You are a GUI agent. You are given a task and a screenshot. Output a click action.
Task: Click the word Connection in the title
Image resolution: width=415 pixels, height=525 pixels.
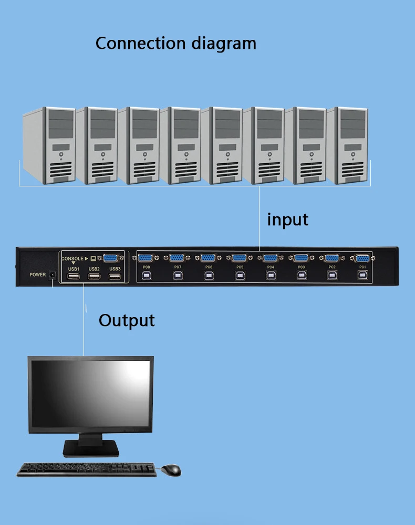pyautogui.click(x=141, y=44)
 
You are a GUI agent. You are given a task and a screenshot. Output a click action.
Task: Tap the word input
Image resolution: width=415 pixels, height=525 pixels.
pyautogui.click(x=287, y=220)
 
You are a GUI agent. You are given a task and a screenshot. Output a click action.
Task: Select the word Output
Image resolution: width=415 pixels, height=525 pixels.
pyautogui.click(x=127, y=321)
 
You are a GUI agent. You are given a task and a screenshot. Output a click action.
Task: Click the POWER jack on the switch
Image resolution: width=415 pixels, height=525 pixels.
pyautogui.click(x=52, y=275)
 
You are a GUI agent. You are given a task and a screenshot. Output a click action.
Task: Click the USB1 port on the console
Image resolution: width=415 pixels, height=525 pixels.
pyautogui.click(x=74, y=277)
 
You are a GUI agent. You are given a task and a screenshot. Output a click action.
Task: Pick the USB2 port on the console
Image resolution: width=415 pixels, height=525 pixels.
pyautogui.click(x=94, y=277)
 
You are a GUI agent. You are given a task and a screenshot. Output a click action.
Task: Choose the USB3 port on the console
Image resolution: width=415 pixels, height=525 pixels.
pyautogui.click(x=115, y=277)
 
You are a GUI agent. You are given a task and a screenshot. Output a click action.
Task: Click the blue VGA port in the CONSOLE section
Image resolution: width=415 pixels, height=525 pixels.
pyautogui.click(x=110, y=258)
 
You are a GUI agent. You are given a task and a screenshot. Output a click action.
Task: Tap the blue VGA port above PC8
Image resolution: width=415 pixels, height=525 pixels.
pyautogui.click(x=146, y=258)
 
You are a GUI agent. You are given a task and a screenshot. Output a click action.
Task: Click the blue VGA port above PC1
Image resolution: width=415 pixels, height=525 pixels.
pyautogui.click(x=362, y=258)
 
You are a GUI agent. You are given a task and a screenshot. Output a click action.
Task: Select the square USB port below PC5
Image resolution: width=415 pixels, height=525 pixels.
pyautogui.click(x=240, y=276)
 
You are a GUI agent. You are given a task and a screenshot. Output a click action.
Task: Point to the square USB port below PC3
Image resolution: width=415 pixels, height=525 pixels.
pyautogui.click(x=302, y=276)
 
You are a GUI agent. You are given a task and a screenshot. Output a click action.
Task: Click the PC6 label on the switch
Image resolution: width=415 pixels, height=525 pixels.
pyautogui.click(x=209, y=267)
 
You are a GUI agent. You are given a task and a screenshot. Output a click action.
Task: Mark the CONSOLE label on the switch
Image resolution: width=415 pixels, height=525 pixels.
pyautogui.click(x=72, y=258)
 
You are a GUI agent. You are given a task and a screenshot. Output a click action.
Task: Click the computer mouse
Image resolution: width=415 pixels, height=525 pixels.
pyautogui.click(x=171, y=470)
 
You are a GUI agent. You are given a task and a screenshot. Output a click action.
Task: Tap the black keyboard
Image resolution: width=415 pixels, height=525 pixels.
pyautogui.click(x=87, y=469)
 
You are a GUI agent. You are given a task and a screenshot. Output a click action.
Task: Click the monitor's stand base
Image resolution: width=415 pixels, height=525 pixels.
pyautogui.click(x=91, y=449)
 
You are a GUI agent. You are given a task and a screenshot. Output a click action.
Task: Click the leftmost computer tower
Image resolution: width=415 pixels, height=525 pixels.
pyautogui.click(x=49, y=145)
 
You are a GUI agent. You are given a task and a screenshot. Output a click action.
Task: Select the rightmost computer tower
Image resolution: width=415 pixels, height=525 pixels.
pyautogui.click(x=348, y=145)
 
